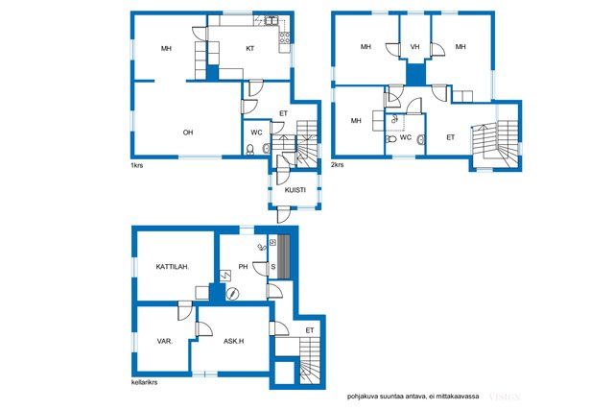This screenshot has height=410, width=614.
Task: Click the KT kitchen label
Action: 249,49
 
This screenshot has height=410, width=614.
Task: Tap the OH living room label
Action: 188,133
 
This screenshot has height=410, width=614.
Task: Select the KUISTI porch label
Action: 295,190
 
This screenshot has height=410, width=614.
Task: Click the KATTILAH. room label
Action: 173,267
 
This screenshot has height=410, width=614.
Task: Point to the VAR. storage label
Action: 164,342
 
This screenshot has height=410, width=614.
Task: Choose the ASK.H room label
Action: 233,342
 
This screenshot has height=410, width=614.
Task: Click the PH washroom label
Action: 243,267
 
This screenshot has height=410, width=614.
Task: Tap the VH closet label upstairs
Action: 414,47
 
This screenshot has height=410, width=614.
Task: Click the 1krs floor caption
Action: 136,165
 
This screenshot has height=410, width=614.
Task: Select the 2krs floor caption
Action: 337,164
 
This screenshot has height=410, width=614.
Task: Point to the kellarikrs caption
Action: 144,382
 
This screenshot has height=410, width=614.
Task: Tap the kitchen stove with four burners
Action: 285,37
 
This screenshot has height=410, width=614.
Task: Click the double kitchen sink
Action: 272,20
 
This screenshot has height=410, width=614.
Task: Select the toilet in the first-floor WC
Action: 249,150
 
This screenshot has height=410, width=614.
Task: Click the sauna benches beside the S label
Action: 284,256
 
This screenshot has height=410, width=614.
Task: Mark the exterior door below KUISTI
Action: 284,214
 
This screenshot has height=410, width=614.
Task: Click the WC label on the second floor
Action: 406,137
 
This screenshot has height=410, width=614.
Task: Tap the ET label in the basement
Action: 310,330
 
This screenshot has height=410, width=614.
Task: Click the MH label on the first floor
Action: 166,49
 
